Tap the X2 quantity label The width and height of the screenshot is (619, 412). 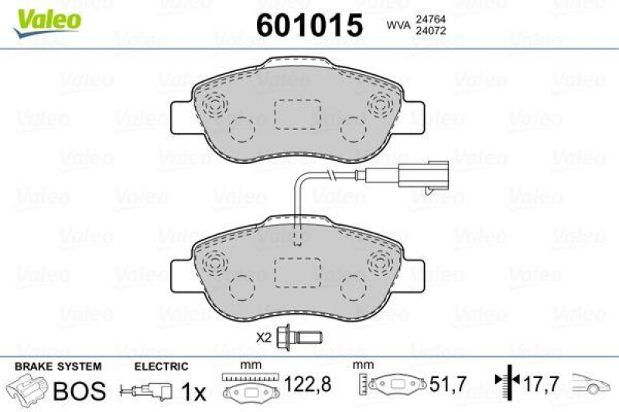pyautogui.click(x=265, y=337)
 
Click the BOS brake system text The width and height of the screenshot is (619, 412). pyautogui.click(x=78, y=390)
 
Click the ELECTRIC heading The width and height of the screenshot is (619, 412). pyautogui.click(x=161, y=366)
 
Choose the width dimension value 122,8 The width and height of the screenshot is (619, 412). pyautogui.click(x=299, y=383)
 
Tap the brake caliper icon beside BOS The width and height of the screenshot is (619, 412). pyautogui.click(x=28, y=389)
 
